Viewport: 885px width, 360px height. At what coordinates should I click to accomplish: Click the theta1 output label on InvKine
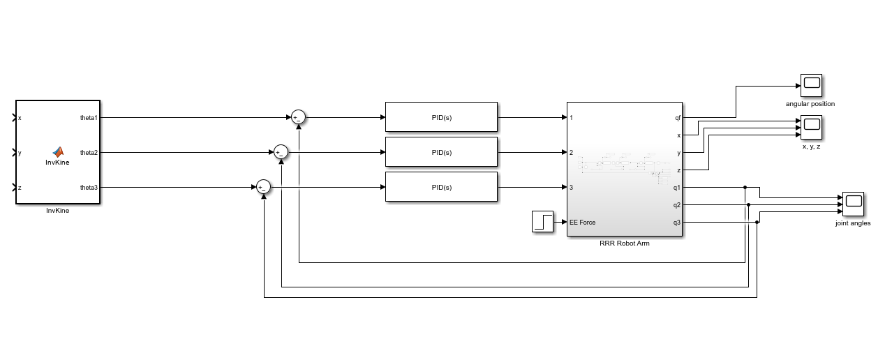89,118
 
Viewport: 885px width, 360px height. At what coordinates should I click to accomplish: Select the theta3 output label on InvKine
89,188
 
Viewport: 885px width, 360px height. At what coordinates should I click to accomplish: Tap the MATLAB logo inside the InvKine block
58,151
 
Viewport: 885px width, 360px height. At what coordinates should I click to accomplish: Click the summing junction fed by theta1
298,117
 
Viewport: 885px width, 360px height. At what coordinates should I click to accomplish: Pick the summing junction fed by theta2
281,152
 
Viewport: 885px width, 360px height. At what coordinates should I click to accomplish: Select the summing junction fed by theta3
263,187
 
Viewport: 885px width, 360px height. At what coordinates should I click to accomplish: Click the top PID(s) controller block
441,117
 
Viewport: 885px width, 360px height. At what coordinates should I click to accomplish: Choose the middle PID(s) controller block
441,152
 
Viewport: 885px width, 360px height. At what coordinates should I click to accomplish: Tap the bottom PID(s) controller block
441,187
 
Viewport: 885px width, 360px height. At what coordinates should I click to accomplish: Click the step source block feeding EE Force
542,222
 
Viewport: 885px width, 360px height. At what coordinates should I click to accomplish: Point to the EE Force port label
583,223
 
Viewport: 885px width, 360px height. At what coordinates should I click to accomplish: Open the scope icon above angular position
811,85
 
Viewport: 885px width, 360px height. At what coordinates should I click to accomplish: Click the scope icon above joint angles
853,204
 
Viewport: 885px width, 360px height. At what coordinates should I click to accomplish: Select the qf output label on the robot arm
677,118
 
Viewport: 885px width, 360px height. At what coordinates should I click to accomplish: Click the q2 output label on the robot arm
676,205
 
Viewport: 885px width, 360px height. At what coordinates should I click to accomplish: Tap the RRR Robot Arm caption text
625,243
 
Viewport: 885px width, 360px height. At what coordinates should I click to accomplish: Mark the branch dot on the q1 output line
745,187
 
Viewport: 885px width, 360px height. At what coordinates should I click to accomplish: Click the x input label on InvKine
20,118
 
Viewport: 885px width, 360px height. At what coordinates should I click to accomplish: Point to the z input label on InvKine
20,188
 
